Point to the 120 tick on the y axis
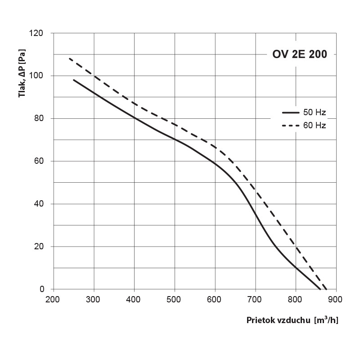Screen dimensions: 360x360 click(37, 33)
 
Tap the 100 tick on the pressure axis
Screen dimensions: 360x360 click(37, 76)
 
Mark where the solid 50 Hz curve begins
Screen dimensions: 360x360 click(74, 80)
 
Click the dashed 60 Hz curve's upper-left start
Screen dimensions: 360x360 click(69, 58)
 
